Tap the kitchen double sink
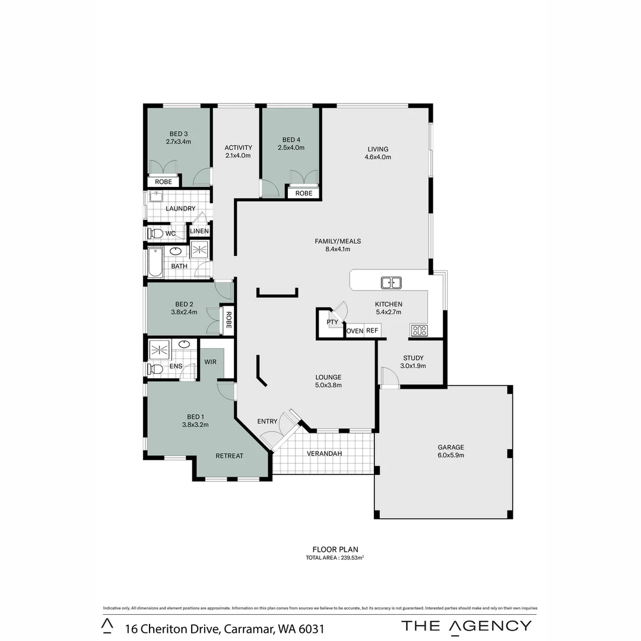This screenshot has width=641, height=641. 391,283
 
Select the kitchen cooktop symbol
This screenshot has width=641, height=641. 419,331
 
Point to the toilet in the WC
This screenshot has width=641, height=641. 156,233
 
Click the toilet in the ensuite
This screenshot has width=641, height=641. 156,369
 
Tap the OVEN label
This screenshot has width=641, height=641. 354,331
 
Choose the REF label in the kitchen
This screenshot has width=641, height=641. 372,331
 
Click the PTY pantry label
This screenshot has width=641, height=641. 332,322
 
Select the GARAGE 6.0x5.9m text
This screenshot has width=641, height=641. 450,452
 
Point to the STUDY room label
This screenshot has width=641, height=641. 413,358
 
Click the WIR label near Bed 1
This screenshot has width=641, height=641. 210,361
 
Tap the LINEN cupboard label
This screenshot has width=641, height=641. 199,231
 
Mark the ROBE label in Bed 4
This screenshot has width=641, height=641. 304,193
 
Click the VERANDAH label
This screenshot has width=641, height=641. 324,453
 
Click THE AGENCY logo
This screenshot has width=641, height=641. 467,625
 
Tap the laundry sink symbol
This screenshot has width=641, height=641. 156,196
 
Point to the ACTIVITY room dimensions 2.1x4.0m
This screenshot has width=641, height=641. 238,156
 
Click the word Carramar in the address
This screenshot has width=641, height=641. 245,628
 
